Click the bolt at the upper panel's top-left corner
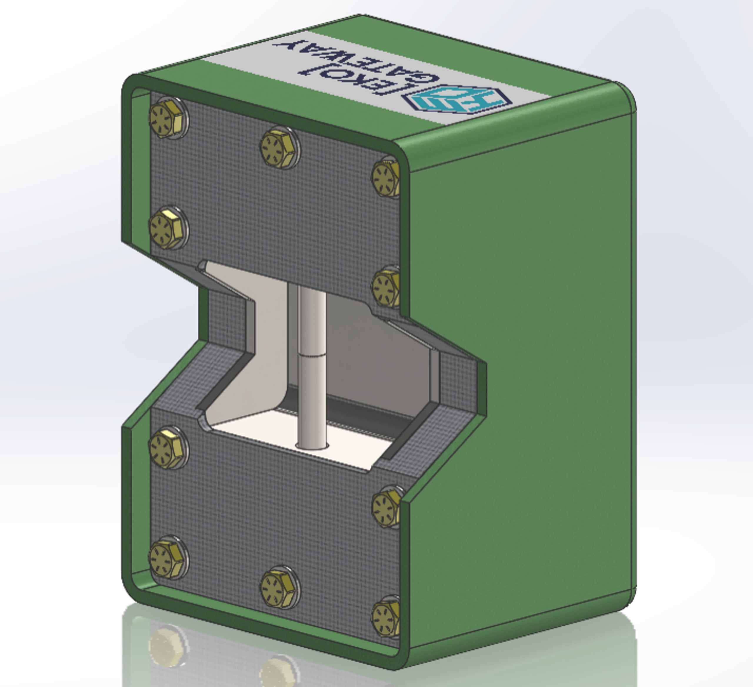pos(168,119)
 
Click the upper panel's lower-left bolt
pos(168,228)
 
